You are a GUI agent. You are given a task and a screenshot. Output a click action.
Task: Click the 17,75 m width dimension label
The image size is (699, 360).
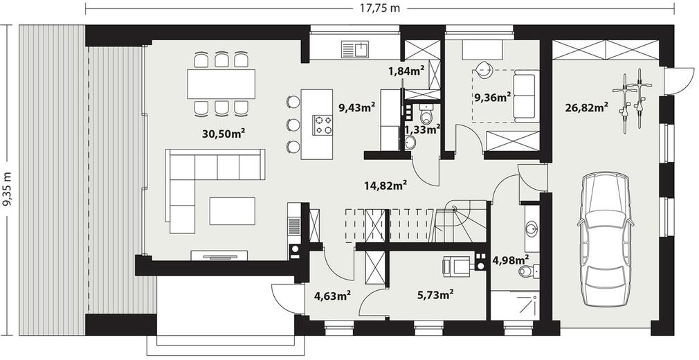click(380, 8)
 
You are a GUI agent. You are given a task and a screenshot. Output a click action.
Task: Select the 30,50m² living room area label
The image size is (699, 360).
click(224, 134)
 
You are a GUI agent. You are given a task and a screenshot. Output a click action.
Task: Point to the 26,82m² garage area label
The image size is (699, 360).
click(588, 107)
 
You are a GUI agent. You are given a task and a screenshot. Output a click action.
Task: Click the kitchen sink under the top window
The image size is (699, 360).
click(355, 49)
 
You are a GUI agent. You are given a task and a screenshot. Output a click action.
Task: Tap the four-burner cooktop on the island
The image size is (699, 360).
click(323, 125)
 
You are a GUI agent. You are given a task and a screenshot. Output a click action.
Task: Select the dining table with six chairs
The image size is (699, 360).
click(221, 84)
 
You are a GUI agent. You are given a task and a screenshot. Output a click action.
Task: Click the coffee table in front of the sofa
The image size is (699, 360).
click(233, 211)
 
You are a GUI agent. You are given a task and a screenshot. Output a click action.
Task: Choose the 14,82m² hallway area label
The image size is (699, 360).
click(386, 185)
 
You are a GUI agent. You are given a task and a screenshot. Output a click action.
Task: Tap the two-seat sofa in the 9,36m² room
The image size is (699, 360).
click(525, 96)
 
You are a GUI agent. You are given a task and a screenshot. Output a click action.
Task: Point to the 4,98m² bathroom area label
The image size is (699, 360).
click(510, 259)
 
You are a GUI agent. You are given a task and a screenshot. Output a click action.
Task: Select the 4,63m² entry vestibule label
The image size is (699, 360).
click(332, 296)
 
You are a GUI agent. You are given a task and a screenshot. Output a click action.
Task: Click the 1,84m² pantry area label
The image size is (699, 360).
click(406, 70)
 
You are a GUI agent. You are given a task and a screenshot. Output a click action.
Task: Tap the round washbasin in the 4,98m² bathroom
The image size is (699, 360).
click(532, 230)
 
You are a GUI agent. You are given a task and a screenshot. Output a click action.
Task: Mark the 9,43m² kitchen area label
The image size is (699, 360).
click(356, 107)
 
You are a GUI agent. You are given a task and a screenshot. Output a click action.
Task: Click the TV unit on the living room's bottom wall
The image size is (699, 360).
click(219, 255)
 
